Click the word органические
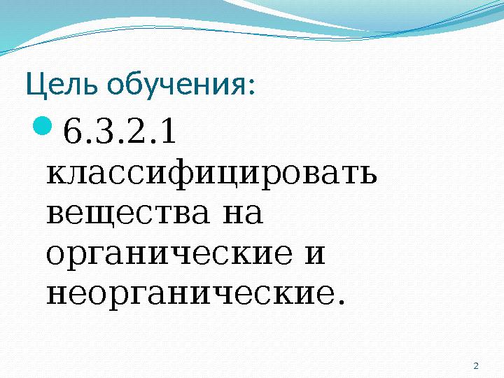161,253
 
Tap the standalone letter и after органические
316,253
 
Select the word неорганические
186,294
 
